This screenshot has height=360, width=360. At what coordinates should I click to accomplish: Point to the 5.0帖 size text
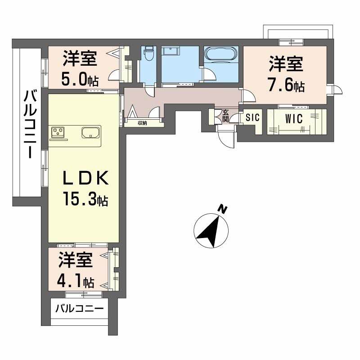(80, 80)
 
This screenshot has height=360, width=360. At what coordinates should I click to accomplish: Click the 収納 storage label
(142, 122)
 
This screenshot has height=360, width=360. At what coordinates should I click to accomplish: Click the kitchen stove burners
(58, 132)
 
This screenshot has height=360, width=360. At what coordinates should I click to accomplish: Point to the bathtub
(220, 54)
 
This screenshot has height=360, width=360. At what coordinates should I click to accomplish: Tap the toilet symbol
(149, 54)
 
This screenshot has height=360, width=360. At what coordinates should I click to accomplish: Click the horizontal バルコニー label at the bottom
(80, 309)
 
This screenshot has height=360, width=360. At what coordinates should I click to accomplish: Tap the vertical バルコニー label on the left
(30, 124)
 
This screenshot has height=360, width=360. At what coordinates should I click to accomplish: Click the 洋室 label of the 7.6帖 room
(286, 63)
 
